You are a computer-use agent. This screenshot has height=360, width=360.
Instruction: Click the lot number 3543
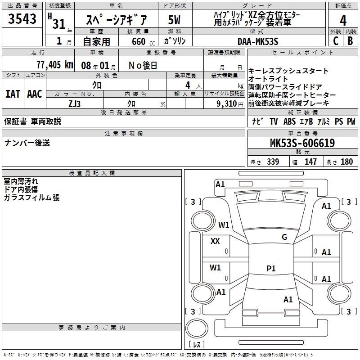point(22,19)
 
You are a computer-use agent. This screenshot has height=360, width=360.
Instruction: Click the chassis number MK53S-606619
point(302,144)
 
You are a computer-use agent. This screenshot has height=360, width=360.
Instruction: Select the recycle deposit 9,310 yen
point(229,103)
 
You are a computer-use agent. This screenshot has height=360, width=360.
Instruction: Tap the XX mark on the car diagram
point(215,241)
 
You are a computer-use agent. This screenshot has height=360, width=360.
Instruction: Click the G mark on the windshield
point(284,237)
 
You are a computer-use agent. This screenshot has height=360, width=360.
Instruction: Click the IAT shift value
point(13,94)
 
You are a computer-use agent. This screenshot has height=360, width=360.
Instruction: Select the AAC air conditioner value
point(34,94)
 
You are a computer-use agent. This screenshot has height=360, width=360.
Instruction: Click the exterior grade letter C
point(335,41)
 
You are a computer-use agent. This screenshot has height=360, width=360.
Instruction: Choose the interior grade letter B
point(350,41)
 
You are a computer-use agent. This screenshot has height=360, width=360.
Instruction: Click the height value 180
point(347,162)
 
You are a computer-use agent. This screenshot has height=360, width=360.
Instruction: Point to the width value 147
point(310,162)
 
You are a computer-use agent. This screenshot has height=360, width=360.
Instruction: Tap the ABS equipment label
point(290,121)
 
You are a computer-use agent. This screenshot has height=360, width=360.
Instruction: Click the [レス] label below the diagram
point(197,345)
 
